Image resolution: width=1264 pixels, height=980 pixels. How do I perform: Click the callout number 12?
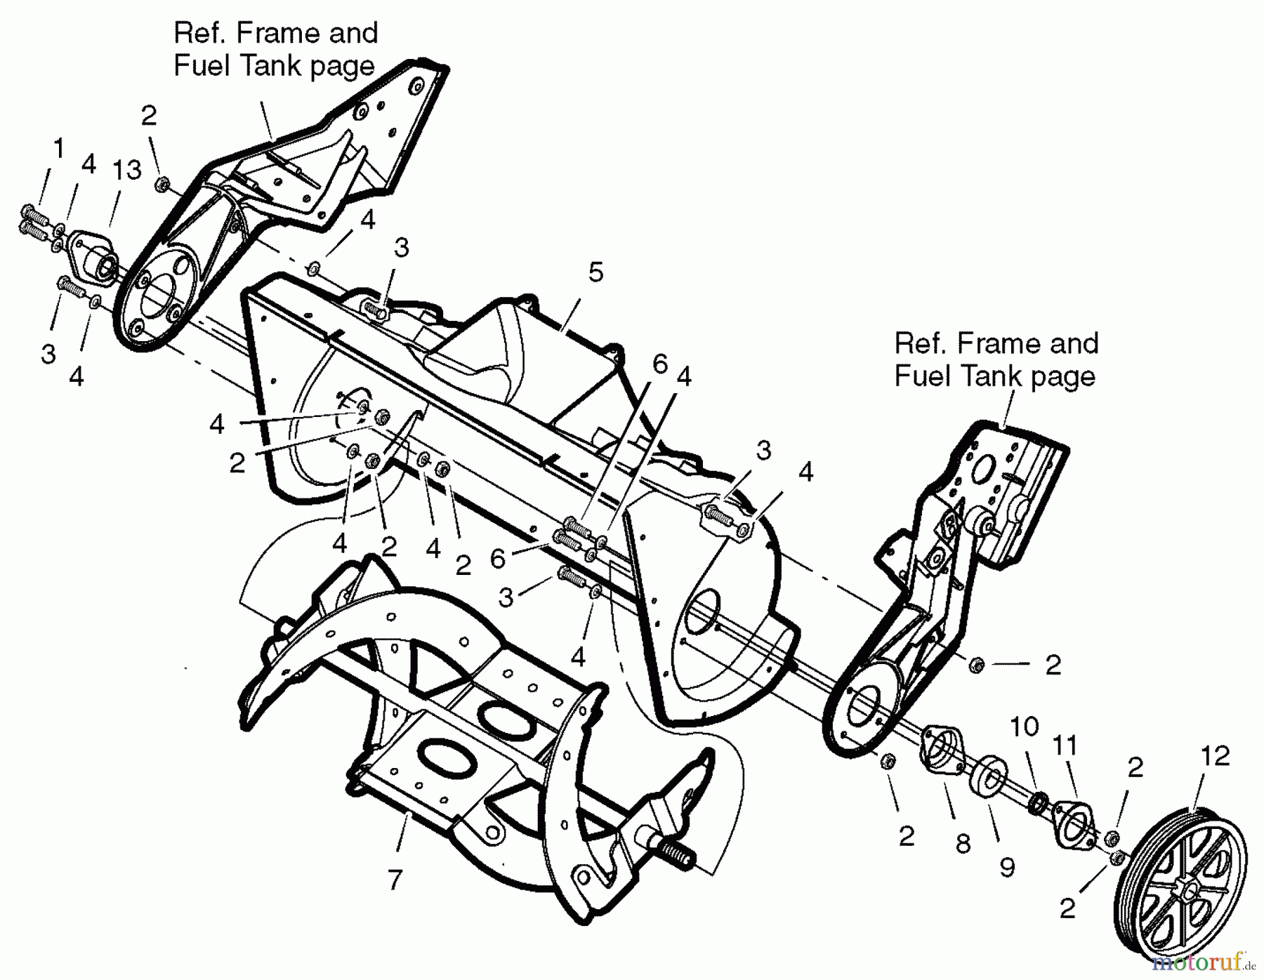click(1216, 756)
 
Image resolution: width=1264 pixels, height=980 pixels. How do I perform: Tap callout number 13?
click(127, 170)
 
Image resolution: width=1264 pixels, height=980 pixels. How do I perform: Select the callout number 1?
click(59, 148)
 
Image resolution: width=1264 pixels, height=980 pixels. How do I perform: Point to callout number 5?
click(595, 272)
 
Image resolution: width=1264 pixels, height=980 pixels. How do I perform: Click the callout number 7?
click(395, 880)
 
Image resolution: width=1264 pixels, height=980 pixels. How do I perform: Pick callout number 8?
click(963, 843)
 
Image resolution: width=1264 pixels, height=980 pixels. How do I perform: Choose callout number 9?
click(1007, 868)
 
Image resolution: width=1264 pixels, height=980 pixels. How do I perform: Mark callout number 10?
click(1025, 727)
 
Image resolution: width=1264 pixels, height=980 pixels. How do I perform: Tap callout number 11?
click(1065, 746)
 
